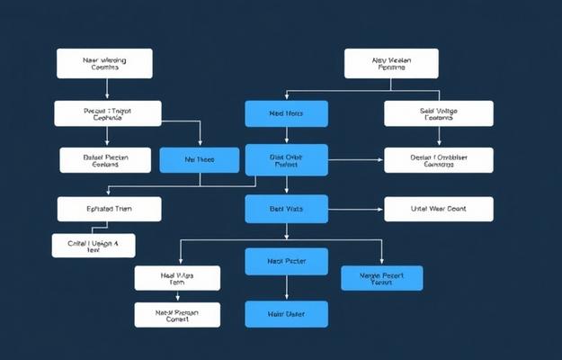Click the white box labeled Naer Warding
point(104,63)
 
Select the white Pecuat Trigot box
point(108,113)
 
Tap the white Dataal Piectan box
point(105,160)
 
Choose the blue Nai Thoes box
point(200,160)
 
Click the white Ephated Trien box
point(109,209)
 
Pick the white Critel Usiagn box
point(94,246)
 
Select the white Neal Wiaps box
point(177,278)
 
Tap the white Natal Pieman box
point(177,314)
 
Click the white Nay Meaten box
point(391,63)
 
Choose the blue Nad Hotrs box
point(287,113)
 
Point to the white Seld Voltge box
point(439,113)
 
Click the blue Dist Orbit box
point(287,160)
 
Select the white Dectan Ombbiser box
point(439,160)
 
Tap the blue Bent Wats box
point(287,209)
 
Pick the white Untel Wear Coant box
point(439,209)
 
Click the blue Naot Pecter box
point(287,262)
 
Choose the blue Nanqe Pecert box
point(382,278)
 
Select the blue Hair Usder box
point(287,314)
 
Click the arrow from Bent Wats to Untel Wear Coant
point(356,209)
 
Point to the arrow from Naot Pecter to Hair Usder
point(287,288)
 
